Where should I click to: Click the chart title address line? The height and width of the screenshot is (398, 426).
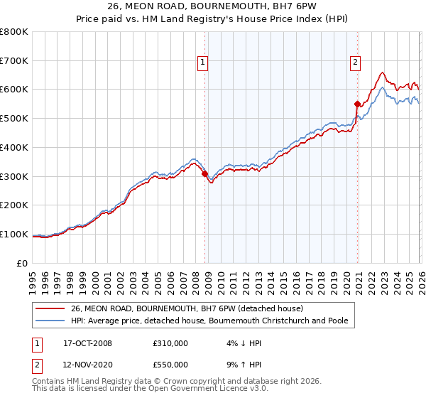pos(213,8)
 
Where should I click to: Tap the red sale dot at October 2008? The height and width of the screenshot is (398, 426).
pos(204,173)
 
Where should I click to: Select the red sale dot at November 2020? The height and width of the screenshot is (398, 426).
pos(357,104)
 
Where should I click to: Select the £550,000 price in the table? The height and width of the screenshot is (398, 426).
pos(170,364)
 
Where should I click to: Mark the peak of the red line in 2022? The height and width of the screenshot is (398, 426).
pos(382,72)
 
